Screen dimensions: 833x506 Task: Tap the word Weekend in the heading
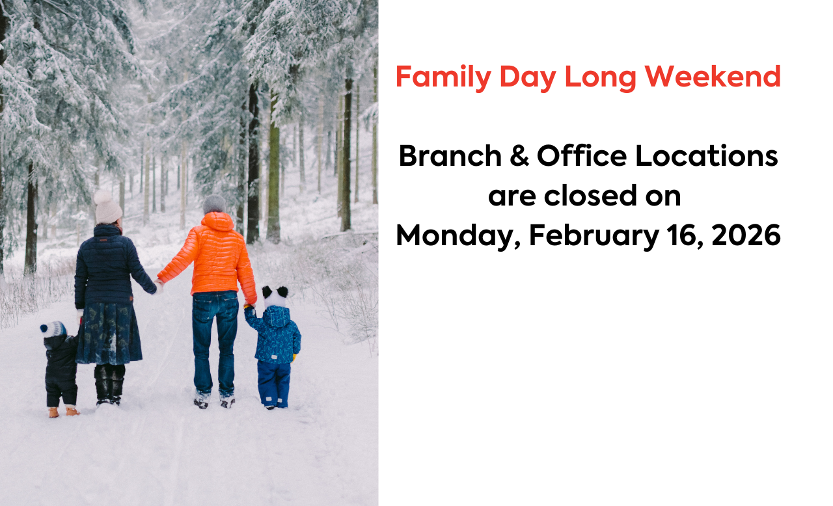pyautogui.click(x=713, y=77)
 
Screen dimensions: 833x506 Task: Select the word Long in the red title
pyautogui.click(x=600, y=78)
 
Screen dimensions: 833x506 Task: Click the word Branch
pyautogui.click(x=450, y=155)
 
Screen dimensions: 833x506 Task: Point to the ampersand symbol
pyautogui.click(x=519, y=156)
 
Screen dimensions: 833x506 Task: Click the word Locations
pyautogui.click(x=707, y=155)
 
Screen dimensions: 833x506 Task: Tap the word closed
pyautogui.click(x=590, y=195)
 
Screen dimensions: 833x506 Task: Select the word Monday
pyautogui.click(x=458, y=236)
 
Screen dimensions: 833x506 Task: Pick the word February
pyautogui.click(x=594, y=236)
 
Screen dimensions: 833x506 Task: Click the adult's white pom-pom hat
pyautogui.click(x=107, y=207)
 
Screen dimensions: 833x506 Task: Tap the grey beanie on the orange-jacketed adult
pyautogui.click(x=214, y=204)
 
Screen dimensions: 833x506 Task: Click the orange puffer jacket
pyautogui.click(x=210, y=256)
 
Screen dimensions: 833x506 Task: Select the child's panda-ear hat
pyautogui.click(x=275, y=296)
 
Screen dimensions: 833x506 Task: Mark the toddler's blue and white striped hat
pyautogui.click(x=53, y=329)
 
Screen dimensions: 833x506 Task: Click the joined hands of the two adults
pyautogui.click(x=159, y=286)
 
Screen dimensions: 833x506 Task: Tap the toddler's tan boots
pyautogui.click(x=64, y=412)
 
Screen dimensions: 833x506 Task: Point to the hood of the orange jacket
pyautogui.click(x=217, y=222)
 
